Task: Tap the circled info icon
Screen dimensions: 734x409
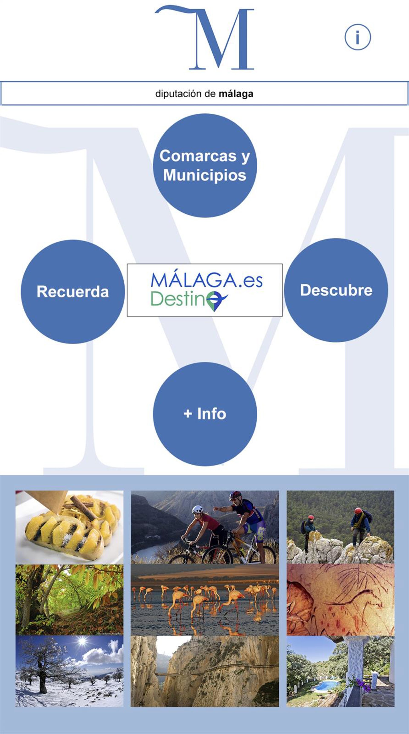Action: coord(357,37)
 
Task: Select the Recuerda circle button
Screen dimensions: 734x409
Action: coord(73,292)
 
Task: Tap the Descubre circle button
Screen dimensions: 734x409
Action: coord(336,290)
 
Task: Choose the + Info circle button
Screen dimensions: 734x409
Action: coord(205,414)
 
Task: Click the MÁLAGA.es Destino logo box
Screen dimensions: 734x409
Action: coord(205,290)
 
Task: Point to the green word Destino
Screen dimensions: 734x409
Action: coord(179,299)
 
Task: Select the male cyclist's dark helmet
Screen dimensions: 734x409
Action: coord(235,495)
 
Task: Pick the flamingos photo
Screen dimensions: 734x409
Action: coord(205,599)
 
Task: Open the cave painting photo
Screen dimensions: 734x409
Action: coord(340,599)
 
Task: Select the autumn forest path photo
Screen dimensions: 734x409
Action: coord(69,599)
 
